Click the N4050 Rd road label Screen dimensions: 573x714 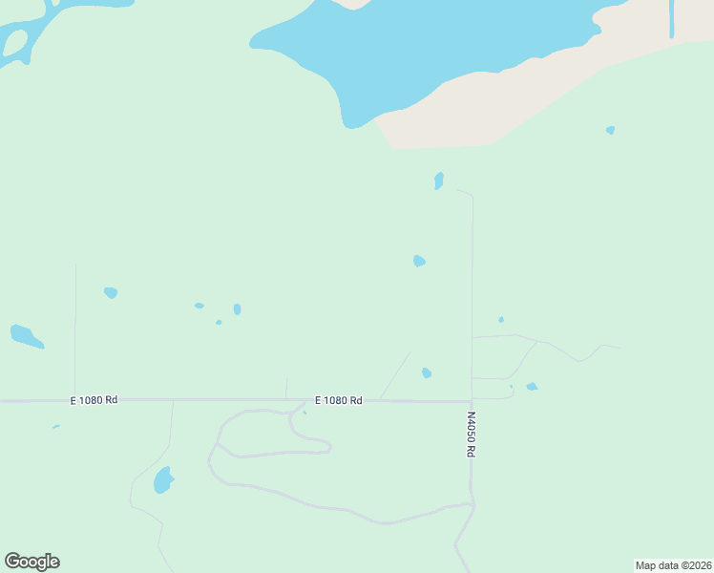471,434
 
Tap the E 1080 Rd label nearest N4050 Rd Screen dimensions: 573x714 339,400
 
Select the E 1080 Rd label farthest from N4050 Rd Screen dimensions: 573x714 94,400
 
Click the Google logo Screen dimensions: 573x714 32,562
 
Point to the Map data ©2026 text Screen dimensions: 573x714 674,565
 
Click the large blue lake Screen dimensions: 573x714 420,48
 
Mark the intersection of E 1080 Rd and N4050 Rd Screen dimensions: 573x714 472,401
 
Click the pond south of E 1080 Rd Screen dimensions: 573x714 163,479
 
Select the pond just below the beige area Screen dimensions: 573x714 439,180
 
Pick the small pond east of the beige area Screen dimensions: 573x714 610,130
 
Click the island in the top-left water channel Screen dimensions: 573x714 15,42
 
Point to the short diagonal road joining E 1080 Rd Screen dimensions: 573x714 395,375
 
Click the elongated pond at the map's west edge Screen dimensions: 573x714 26,336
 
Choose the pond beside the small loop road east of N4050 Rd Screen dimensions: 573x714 532,387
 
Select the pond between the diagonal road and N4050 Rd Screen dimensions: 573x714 427,372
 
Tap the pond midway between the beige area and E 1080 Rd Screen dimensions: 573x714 419,261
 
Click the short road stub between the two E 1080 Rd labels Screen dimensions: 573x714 286,389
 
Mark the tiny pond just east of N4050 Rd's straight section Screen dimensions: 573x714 501,319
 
